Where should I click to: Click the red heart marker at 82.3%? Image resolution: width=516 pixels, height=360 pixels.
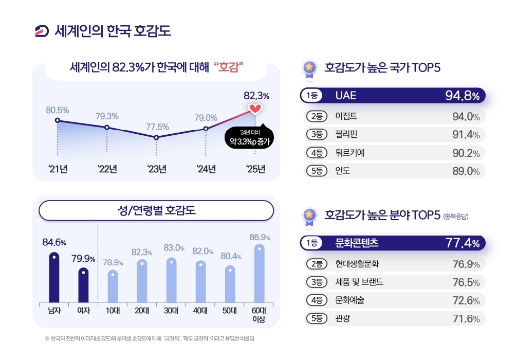point(255,109)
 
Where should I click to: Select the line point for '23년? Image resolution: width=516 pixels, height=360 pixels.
point(156,137)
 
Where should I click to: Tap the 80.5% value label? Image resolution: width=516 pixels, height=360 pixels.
point(57,110)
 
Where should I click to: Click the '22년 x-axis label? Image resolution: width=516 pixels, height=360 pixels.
point(107,169)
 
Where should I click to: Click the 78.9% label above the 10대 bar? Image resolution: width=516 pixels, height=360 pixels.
point(113,262)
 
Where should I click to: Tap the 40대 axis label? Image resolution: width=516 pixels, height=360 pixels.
point(201,310)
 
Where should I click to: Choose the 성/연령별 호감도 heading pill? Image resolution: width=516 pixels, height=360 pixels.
point(156,210)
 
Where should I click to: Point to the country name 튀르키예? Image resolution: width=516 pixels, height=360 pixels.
point(349,152)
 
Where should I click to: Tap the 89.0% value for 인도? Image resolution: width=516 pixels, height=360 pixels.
point(466,171)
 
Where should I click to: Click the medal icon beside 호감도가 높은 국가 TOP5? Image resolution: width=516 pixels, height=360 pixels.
point(309,68)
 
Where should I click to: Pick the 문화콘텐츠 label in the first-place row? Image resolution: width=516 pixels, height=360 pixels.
point(360,242)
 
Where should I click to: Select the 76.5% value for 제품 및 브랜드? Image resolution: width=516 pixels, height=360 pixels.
point(466,282)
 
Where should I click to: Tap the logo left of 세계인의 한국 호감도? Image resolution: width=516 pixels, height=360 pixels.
point(42,31)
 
